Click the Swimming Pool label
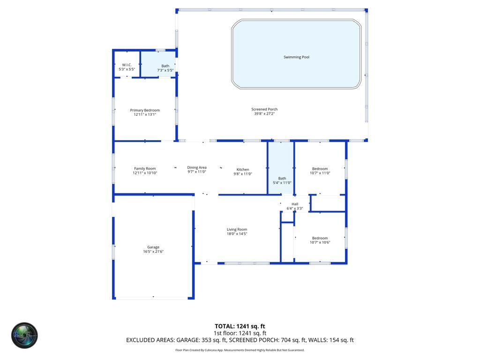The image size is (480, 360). click(296, 57)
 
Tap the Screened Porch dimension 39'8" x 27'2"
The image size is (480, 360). click(264, 113)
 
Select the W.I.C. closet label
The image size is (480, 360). click(127, 65)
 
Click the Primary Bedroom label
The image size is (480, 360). click(145, 110)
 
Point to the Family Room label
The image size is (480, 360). click(145, 168)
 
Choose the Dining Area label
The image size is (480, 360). click(197, 167)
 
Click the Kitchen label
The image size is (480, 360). click(243, 169)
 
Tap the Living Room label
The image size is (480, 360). click(237, 229)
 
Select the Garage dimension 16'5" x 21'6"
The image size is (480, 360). click(153, 252)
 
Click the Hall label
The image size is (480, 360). click(295, 204)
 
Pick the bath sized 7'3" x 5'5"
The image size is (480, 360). click(165, 68)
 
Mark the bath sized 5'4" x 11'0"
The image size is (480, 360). click(282, 180)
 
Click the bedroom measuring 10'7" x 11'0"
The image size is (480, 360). click(320, 171)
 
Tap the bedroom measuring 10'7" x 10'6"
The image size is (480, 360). click(320, 240)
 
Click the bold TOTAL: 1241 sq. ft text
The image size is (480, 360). click(240, 326)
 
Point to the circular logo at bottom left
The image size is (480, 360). click(24, 335)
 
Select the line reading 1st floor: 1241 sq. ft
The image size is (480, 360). click(240, 333)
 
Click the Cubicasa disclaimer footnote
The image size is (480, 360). click(240, 350)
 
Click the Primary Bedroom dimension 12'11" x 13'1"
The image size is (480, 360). click(145, 114)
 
